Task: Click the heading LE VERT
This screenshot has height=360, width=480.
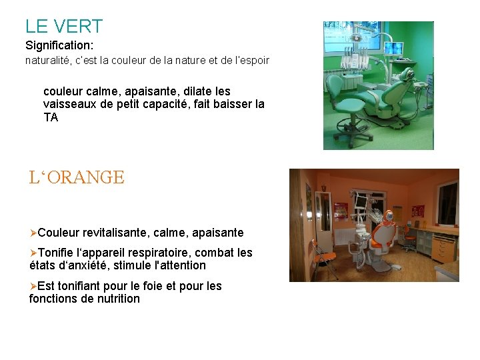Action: coord(64,27)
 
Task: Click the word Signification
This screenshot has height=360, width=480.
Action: coord(58,46)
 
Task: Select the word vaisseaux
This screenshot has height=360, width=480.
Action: coord(69,104)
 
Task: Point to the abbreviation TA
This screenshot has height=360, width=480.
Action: coord(51,118)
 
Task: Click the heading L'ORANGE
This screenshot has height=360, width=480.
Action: coord(77,177)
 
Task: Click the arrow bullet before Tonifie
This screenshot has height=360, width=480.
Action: coord(33,253)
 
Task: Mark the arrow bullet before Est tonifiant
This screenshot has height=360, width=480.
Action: coord(33,286)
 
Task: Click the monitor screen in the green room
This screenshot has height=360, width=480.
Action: coord(393,49)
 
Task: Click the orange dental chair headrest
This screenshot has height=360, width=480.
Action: coord(385,219)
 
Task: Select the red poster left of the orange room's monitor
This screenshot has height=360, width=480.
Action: coord(341,209)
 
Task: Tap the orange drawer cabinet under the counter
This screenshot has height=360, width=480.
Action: coord(443,248)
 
